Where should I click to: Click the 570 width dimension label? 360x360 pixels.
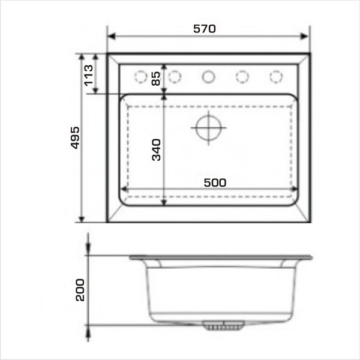205,29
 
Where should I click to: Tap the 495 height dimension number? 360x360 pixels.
75,137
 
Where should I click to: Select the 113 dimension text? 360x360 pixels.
89,76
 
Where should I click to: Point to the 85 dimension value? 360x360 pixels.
155,79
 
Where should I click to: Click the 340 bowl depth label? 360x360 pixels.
157,149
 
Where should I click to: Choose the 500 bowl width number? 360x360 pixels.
215,183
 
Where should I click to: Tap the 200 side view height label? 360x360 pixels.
80,290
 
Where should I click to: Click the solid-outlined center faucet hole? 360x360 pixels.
208,77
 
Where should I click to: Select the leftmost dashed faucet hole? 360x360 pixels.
141,76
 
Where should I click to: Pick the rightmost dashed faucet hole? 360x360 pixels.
276,76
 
